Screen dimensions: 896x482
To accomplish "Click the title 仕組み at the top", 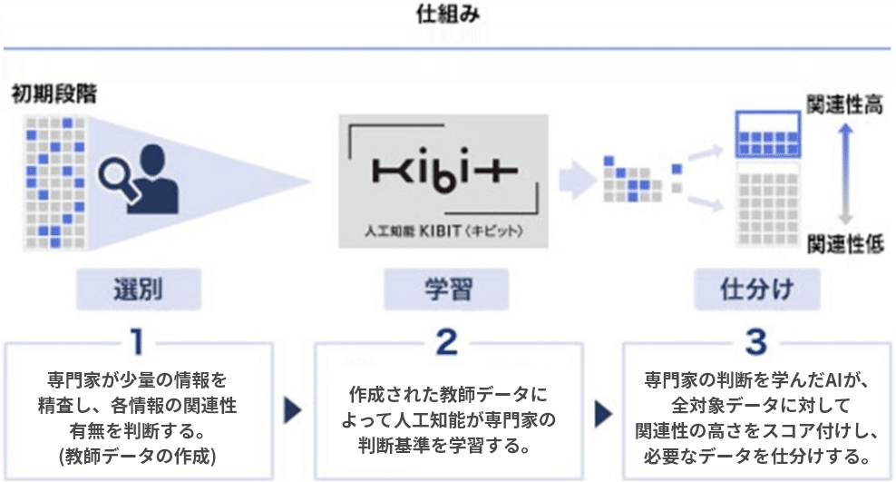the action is tap(448, 15).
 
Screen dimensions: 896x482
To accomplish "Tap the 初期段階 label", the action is tap(54, 93).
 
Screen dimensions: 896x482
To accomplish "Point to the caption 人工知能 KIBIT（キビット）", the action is tap(443, 231).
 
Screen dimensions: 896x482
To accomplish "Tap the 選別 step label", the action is tap(138, 290).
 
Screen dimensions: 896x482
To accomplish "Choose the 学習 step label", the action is tap(448, 290).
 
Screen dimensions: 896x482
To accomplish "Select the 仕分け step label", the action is tap(756, 290).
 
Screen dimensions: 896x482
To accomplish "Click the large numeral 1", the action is tap(137, 342).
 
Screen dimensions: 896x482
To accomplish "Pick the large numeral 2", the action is tap(447, 342).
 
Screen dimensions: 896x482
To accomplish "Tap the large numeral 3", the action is tap(756, 342).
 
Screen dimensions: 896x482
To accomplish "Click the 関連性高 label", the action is tap(844, 104).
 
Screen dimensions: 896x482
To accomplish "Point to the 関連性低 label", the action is tap(845, 244).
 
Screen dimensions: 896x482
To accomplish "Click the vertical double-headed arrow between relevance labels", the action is tap(846, 174).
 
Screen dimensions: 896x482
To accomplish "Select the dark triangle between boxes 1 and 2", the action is tap(293, 410).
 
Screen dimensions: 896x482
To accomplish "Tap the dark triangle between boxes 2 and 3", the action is tap(603, 413).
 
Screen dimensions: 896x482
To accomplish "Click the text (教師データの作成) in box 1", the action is tap(137, 456).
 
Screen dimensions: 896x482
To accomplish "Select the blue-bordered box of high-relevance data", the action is tap(768, 134).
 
